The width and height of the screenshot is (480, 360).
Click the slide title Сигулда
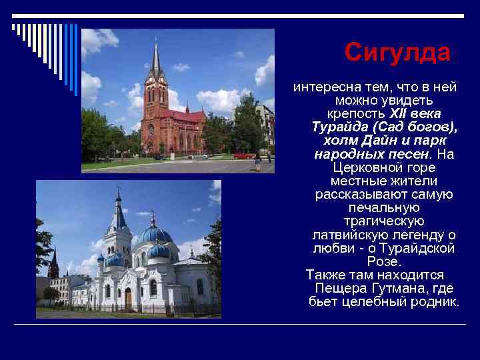[x=397, y=52]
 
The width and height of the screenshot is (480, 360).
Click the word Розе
[x=383, y=261]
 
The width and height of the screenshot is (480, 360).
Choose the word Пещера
[x=339, y=288]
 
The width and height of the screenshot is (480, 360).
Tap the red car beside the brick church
[x=243, y=155]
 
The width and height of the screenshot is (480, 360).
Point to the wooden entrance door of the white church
[x=128, y=298]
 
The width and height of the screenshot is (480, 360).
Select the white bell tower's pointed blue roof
[x=119, y=211]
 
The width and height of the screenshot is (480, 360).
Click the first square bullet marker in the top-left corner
[x=13, y=27]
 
